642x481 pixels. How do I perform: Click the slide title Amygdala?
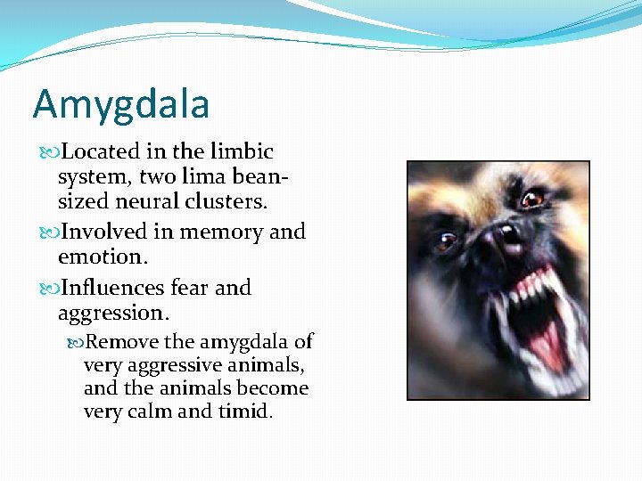121,104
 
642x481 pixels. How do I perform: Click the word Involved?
104,232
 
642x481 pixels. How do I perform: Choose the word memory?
222,232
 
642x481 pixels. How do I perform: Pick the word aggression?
113,313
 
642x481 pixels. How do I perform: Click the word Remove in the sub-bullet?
122,342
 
